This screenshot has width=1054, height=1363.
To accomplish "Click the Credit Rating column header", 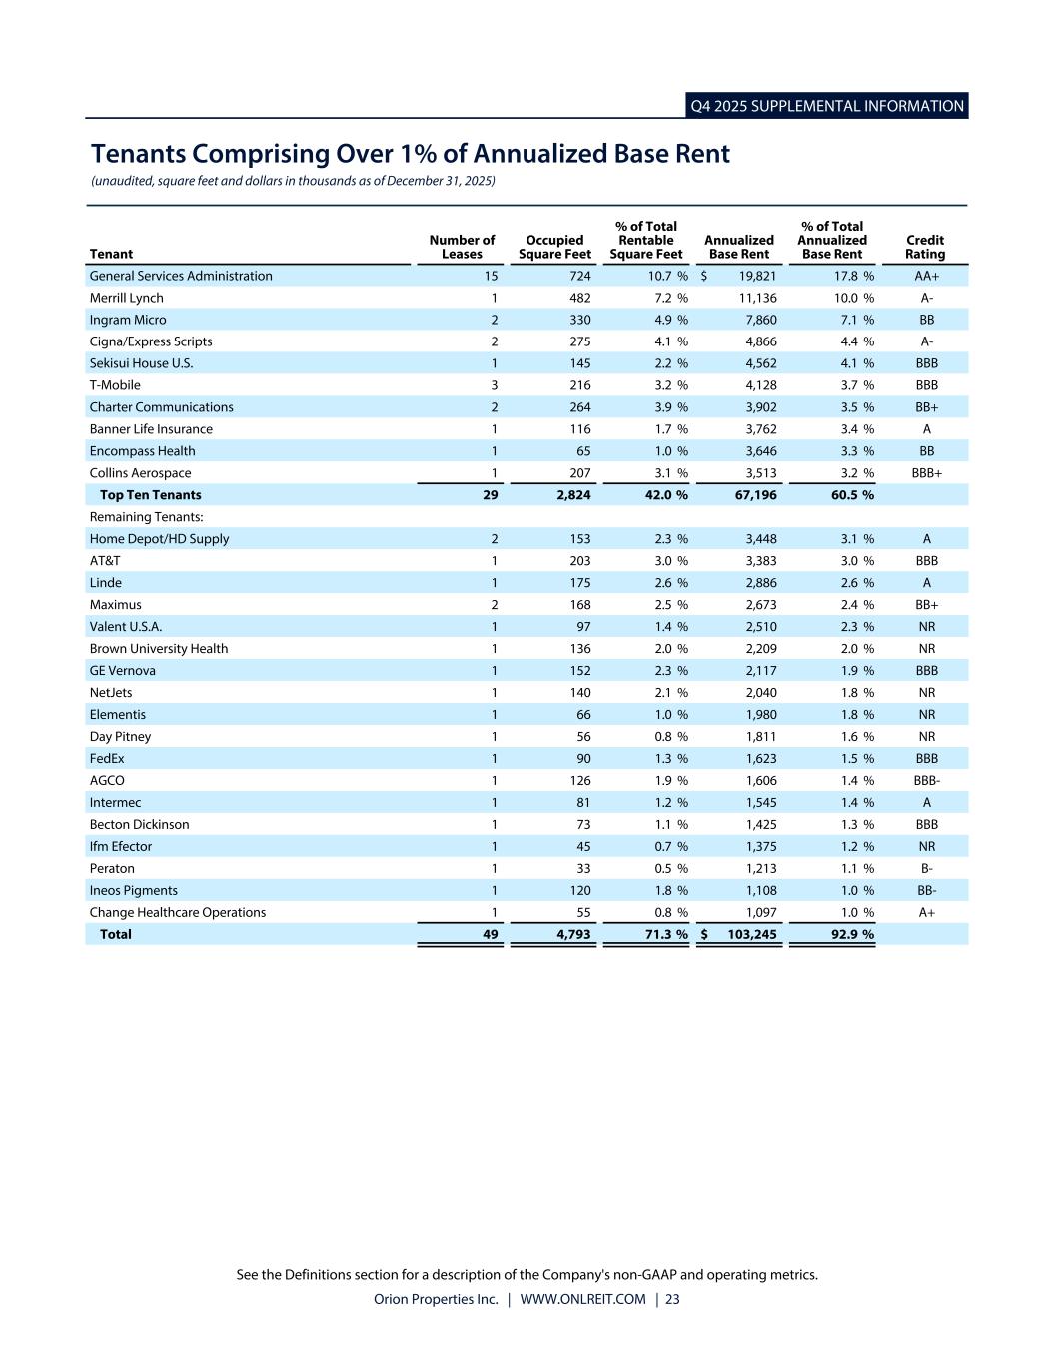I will pyautogui.click(x=925, y=247).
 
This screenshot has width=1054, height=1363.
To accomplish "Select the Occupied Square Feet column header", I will pyautogui.click(x=554, y=247).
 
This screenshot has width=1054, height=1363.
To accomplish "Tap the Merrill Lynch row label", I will pyautogui.click(x=126, y=298).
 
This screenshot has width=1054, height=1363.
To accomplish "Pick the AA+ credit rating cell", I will pyautogui.click(x=926, y=276).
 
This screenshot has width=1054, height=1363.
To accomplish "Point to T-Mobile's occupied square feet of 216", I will pyautogui.click(x=579, y=385).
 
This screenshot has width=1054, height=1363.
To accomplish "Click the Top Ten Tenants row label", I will pyautogui.click(x=150, y=495).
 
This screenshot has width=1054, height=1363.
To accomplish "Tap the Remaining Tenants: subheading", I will pyautogui.click(x=146, y=517).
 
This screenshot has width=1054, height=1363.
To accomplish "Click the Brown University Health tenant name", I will pyautogui.click(x=158, y=649).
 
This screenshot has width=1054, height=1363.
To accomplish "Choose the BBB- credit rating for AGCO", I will pyautogui.click(x=926, y=781).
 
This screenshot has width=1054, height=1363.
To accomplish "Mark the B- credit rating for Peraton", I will pyautogui.click(x=926, y=869).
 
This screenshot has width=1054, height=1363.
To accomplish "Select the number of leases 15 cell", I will pyautogui.click(x=491, y=276).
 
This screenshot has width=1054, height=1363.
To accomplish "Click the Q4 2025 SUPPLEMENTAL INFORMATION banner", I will pyautogui.click(x=827, y=106).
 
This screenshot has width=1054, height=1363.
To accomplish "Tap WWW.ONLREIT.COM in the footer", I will pyautogui.click(x=582, y=1299).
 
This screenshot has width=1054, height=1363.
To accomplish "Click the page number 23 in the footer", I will pyautogui.click(x=672, y=1299).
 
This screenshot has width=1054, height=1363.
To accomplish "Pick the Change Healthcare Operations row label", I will pyautogui.click(x=177, y=913).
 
